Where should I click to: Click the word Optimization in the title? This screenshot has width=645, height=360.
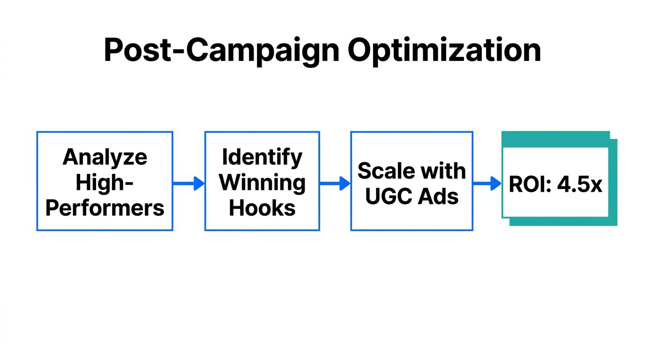tap(444, 51)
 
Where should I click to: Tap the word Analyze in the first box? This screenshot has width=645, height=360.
tap(105, 157)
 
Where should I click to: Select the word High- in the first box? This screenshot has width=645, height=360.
tap(105, 182)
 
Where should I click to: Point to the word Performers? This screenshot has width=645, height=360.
tap(105, 208)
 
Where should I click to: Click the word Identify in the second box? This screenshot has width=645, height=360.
tap(262, 157)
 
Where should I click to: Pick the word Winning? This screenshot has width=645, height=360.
tap(262, 182)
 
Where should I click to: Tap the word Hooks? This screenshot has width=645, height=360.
tap(262, 208)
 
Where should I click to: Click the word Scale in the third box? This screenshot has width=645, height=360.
tap(383, 171)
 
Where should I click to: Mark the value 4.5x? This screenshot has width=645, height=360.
tap(579, 185)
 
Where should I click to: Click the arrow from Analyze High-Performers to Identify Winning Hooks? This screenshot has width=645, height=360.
tap(188, 184)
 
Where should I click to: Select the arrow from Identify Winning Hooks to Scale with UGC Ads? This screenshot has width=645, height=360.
tap(335, 184)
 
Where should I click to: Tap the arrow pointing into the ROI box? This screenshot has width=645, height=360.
tap(487, 184)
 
